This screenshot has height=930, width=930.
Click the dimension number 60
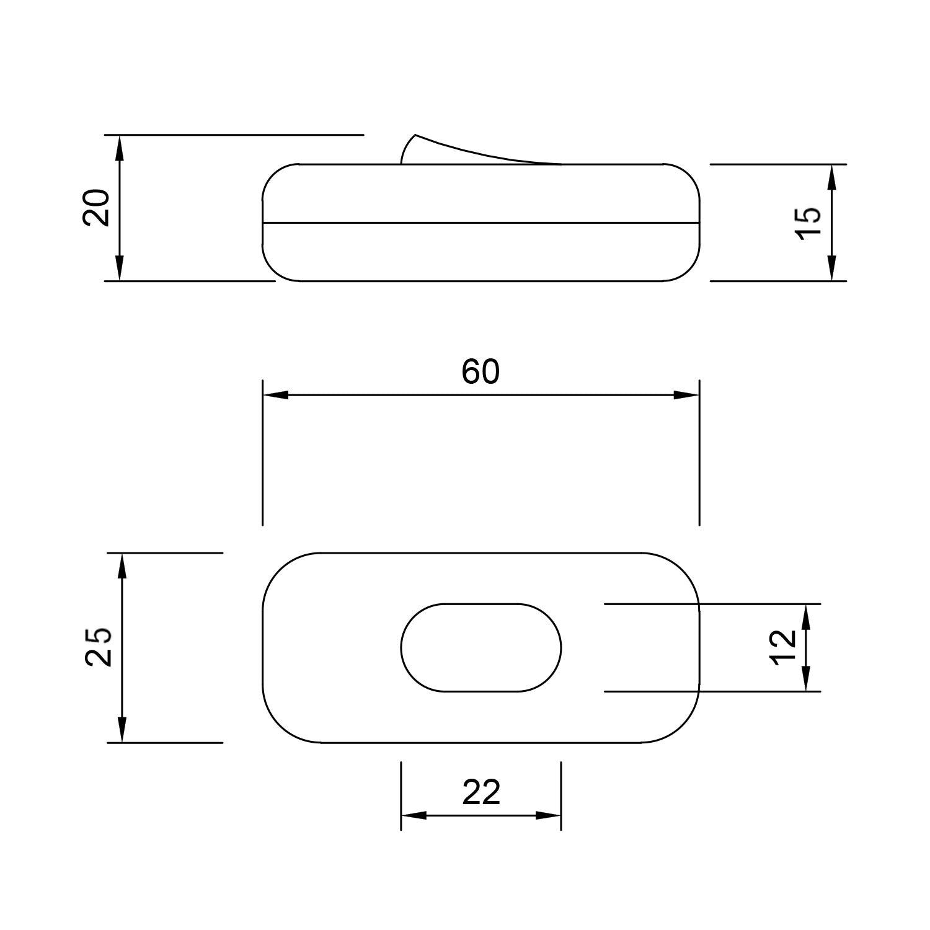click(x=480, y=372)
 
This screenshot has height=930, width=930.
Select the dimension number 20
click(x=97, y=208)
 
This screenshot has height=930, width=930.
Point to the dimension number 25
click(x=99, y=647)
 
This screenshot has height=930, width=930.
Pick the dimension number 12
click(x=784, y=647)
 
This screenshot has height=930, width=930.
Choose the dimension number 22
click(x=481, y=792)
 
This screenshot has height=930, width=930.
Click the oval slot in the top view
click(x=481, y=647)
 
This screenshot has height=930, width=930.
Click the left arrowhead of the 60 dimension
click(x=276, y=395)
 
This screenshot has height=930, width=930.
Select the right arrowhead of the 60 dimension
click(x=686, y=395)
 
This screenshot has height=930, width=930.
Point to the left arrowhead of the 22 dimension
click(x=414, y=815)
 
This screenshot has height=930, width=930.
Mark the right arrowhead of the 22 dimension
click(x=549, y=815)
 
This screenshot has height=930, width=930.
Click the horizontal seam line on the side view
click(x=481, y=222)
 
